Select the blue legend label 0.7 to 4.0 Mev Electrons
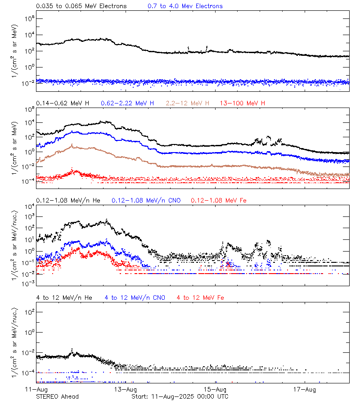pyautogui.click(x=185, y=6)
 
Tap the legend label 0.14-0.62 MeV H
pyautogui.click(x=63, y=103)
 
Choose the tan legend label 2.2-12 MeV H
pyautogui.click(x=188, y=103)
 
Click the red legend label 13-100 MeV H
pyautogui.click(x=243, y=103)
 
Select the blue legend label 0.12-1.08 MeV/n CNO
pyautogui.click(x=146, y=200)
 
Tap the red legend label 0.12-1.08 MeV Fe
pyautogui.click(x=219, y=200)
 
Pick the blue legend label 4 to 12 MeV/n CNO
pyautogui.click(x=135, y=298)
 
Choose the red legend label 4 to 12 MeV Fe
pyautogui.click(x=200, y=298)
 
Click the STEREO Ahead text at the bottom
pyautogui.click(x=57, y=396)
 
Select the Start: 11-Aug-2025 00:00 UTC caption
pyautogui.click(x=180, y=396)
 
